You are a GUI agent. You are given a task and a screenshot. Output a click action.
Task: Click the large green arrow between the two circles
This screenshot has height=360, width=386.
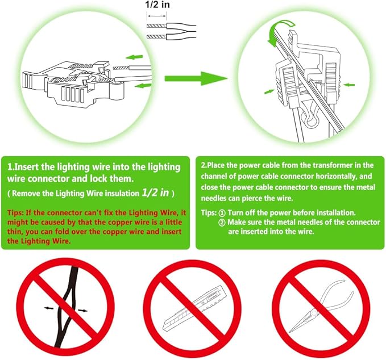coord(196,78)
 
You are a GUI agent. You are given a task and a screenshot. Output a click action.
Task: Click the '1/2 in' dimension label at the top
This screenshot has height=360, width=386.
coord(157,5)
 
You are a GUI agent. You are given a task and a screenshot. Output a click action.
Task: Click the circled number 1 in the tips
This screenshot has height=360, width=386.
coord(222,213)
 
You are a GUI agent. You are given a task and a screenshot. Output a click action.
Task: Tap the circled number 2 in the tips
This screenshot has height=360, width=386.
coord(222,223)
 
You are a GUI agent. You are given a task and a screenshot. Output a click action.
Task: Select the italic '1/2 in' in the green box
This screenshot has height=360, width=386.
coord(155,192)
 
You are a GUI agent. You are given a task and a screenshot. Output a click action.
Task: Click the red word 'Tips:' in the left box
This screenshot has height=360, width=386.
coord(16,213)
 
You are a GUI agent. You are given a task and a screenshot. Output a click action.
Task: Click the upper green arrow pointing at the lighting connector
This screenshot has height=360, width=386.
coord(134,57)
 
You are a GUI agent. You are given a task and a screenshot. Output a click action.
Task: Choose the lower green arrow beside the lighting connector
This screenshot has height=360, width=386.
coord(143,86)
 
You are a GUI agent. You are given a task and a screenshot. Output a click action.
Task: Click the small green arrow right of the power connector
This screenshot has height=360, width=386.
coord(349,85)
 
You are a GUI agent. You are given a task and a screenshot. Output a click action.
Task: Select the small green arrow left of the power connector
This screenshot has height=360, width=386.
coord(269,91)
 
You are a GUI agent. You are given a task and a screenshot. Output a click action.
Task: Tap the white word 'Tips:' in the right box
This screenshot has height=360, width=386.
coord(209,213)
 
